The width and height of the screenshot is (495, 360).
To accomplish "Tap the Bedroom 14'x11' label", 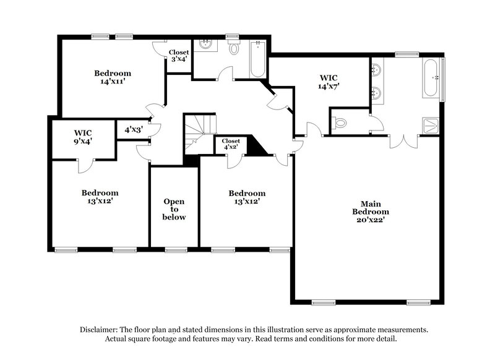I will click(112, 77).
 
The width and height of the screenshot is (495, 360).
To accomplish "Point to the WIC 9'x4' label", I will click(84, 137).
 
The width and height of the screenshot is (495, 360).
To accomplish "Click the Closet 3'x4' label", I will click(179, 56).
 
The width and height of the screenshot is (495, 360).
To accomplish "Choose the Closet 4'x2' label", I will click(230, 145).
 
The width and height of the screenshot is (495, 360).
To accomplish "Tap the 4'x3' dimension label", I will click(134, 131).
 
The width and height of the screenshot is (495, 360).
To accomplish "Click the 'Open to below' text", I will click(174, 209).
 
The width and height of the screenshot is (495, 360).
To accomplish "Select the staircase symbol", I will click(199, 132).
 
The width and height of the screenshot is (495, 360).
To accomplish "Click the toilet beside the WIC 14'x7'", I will click(340, 123).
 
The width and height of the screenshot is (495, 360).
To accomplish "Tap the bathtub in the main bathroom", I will click(432, 78).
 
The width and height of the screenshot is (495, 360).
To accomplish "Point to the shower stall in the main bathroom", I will click(431, 126).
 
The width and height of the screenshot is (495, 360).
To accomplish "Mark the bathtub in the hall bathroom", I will click(257, 59).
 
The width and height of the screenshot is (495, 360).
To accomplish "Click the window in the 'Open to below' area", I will click(176, 250).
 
